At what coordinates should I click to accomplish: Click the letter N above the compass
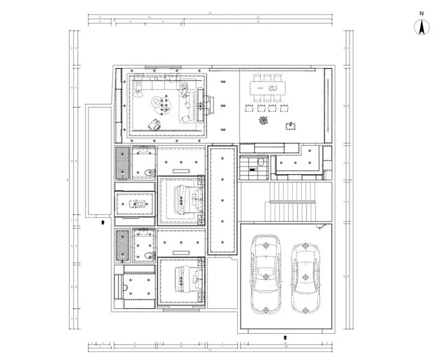[x=422, y=13]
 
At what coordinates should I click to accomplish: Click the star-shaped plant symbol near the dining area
[x=262, y=120]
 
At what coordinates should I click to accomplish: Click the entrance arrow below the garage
[x=286, y=337]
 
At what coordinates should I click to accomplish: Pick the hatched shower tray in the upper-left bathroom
[x=122, y=163]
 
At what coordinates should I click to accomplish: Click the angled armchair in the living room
[x=154, y=124]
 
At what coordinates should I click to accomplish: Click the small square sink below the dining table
[x=291, y=126]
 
